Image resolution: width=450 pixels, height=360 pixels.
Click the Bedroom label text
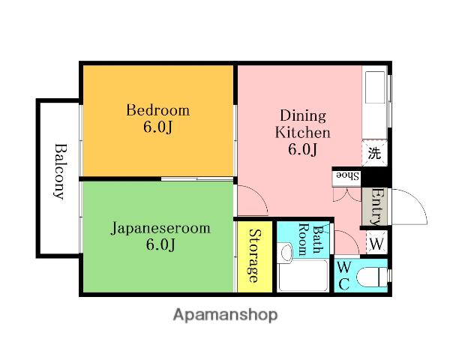click(x=157, y=110)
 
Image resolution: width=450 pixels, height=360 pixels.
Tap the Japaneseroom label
click(x=160, y=229)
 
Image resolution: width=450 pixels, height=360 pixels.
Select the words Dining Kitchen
click(x=303, y=124)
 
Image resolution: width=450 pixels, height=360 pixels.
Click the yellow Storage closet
click(x=254, y=256)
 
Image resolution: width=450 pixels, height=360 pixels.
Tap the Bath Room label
click(x=311, y=240)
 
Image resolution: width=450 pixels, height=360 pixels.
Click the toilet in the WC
click(x=372, y=277)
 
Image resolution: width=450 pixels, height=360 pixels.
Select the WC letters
click(x=343, y=276)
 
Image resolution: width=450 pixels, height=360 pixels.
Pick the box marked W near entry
click(x=376, y=244)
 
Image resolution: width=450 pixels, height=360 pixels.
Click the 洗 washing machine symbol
click(x=374, y=153)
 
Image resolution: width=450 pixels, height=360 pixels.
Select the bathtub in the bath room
click(x=303, y=276)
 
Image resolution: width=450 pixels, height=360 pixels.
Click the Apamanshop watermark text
click(x=225, y=315)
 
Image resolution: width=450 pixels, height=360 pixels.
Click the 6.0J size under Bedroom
click(x=158, y=127)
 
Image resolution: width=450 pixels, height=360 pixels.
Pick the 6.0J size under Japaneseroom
click(x=160, y=244)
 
